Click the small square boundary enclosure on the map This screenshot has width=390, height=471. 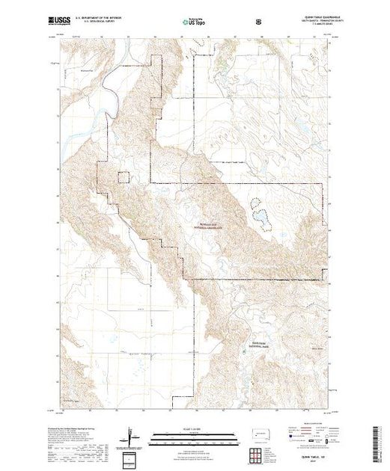coord(125,177)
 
